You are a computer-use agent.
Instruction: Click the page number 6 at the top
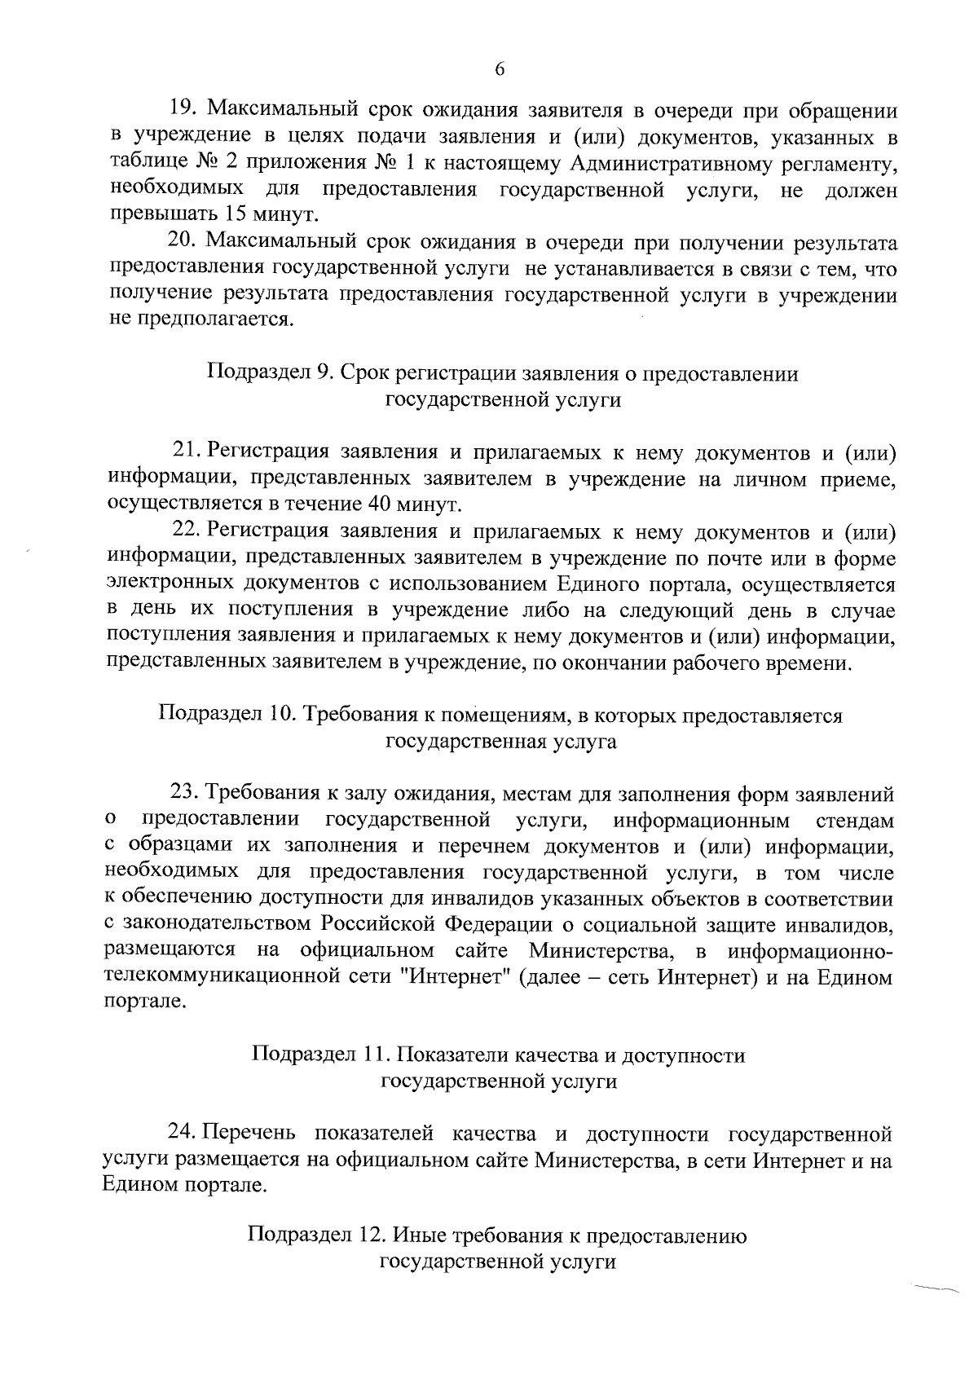coord(500,70)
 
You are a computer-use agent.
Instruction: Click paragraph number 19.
coord(181,109)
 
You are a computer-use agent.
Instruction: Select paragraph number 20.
coord(181,242)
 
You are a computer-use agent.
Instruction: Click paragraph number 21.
coord(186,451)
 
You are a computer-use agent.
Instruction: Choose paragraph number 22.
coord(186,531)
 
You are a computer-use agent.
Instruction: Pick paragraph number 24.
coord(181,1134)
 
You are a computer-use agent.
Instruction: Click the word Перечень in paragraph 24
coord(252,1134)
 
